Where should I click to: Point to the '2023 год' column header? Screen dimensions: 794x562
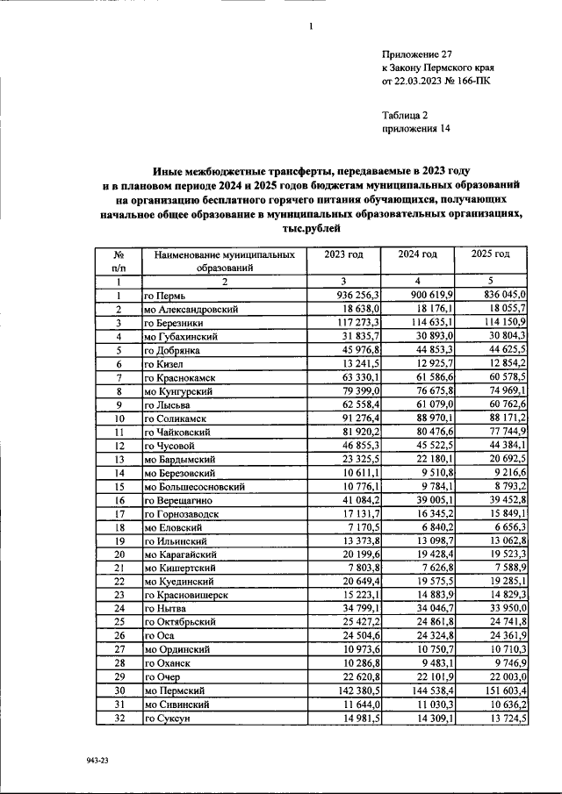pyautogui.click(x=343, y=254)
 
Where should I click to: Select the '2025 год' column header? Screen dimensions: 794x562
pyautogui.click(x=490, y=254)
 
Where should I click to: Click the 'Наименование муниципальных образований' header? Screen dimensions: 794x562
pyautogui.click(x=224, y=261)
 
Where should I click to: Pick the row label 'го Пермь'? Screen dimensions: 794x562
pyautogui.click(x=165, y=297)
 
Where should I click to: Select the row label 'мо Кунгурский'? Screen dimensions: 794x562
pyautogui.click(x=179, y=392)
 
